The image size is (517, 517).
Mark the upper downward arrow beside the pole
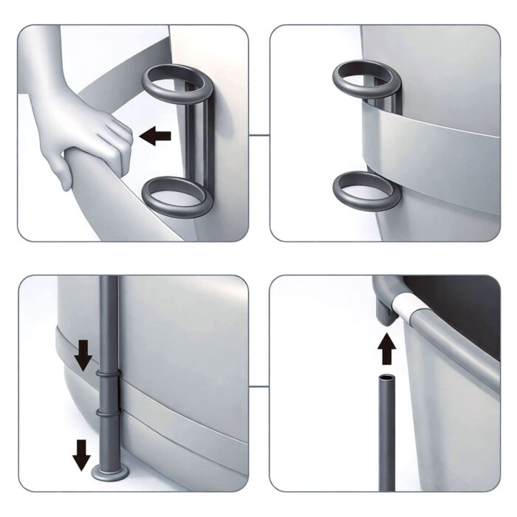pyautogui.click(x=83, y=357)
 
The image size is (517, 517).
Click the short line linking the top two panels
pyautogui.click(x=258, y=135)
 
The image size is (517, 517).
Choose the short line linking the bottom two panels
pyautogui.click(x=258, y=385)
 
